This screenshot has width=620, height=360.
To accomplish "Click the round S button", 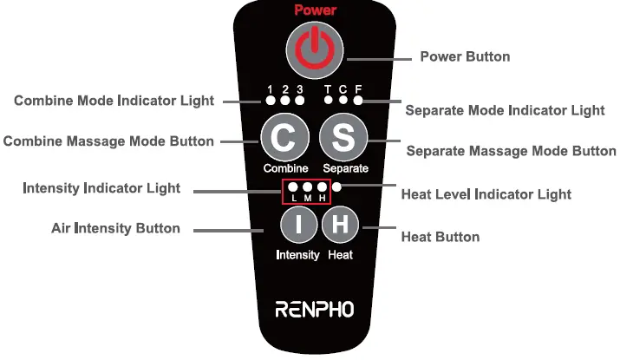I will tap(343, 137).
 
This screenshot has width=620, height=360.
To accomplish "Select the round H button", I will tap(340, 226).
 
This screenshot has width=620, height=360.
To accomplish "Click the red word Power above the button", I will tap(315, 10).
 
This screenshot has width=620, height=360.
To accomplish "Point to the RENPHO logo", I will tap(314, 309).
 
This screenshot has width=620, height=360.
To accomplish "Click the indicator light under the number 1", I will tap(271, 101).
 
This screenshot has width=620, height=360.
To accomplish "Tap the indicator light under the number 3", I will tap(300, 101).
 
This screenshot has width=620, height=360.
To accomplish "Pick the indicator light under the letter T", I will tap(329, 101).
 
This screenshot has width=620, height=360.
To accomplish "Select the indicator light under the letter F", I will tap(358, 101).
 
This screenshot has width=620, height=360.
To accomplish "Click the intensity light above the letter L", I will tap(293, 187).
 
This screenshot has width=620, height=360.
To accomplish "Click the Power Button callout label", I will tap(465, 57).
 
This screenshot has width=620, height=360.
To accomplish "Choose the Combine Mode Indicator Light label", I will tap(114, 101).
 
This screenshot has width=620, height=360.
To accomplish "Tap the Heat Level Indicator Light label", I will tap(486, 194).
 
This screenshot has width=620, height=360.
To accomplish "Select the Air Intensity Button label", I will tap(115, 229).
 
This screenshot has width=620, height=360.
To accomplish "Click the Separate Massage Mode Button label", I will tap(511, 151).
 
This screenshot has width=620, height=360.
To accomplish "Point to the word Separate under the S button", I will tap(345, 167).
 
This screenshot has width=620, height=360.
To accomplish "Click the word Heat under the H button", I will tap(340, 255).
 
